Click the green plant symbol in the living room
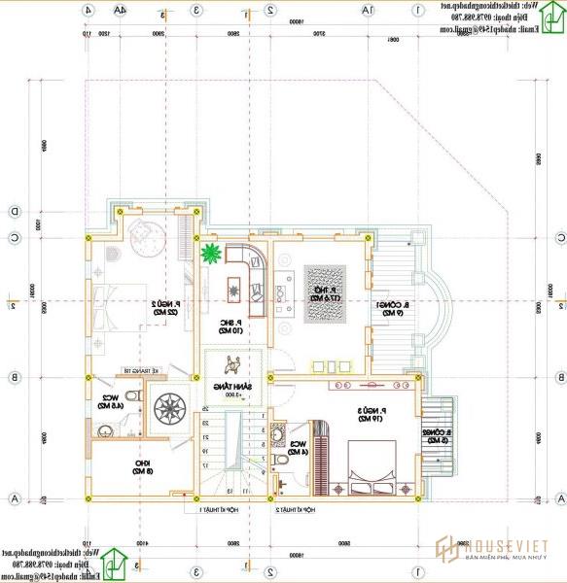pos(210,255)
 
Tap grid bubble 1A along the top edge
pos(368,11)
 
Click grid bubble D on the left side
pos(15,211)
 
